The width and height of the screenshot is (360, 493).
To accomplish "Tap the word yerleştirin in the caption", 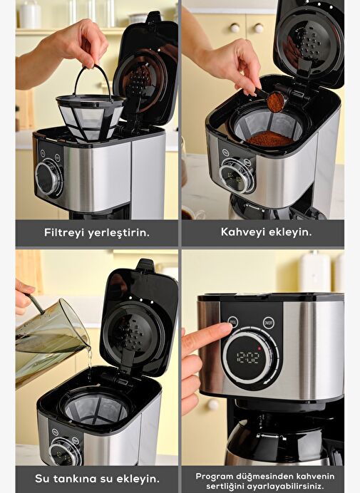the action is point(118,233).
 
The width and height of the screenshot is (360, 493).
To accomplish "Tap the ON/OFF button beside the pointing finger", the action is point(269,323).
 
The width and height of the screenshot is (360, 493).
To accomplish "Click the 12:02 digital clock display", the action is point(248,358).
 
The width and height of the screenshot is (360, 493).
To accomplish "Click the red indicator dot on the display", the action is point(259,348).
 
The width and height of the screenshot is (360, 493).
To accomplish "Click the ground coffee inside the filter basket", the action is point(270,139).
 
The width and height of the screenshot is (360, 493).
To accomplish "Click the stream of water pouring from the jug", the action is point(90,362).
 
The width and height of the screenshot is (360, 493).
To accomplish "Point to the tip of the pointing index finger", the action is point(231,328).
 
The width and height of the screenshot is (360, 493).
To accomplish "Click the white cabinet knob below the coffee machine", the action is point(212,405).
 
